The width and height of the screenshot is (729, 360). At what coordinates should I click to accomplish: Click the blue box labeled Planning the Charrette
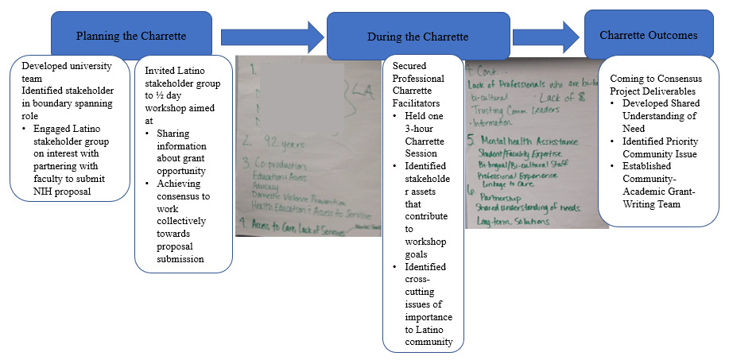click(131, 37)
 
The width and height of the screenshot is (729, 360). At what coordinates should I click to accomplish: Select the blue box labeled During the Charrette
click(417, 37)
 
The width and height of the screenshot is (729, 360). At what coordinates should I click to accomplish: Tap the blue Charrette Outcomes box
click(648, 36)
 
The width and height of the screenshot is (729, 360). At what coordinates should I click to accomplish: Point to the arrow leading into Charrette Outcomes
click(547, 37)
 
